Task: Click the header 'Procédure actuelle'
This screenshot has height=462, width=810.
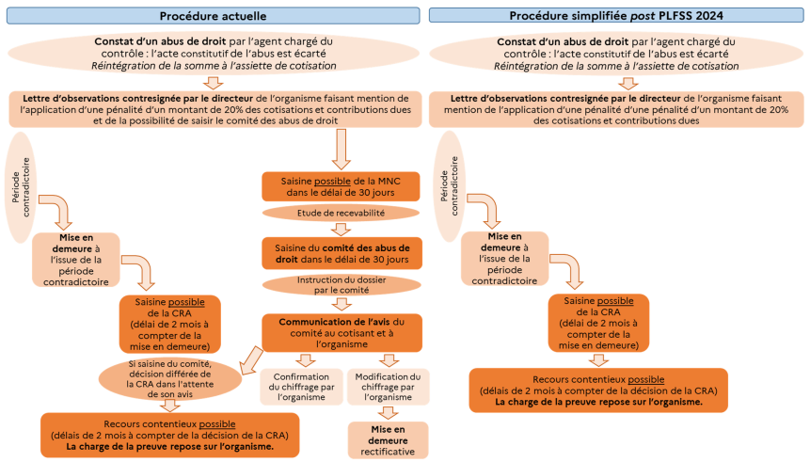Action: [x=213, y=15]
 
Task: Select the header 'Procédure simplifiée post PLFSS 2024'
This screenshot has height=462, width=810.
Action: [x=617, y=15]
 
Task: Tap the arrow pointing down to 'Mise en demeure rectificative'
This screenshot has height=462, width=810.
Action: [x=387, y=412]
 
